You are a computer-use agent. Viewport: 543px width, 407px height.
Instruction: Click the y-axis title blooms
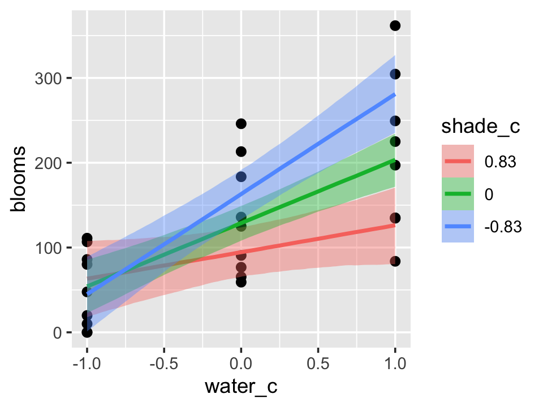[19, 179]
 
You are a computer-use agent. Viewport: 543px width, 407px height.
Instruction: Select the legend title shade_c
[481, 128]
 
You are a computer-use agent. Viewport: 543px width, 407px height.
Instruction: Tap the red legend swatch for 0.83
[458, 161]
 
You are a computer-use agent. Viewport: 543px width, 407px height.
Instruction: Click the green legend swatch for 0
[458, 193]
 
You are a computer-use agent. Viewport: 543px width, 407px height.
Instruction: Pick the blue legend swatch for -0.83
[458, 226]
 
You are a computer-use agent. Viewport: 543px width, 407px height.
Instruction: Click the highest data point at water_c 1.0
[395, 25]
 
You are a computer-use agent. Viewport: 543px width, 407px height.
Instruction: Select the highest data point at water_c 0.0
[241, 124]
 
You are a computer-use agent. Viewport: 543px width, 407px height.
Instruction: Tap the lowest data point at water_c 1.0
[395, 261]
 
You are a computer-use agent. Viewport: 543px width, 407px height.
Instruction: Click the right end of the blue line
[395, 95]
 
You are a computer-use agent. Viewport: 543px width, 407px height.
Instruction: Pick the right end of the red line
[395, 225]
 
